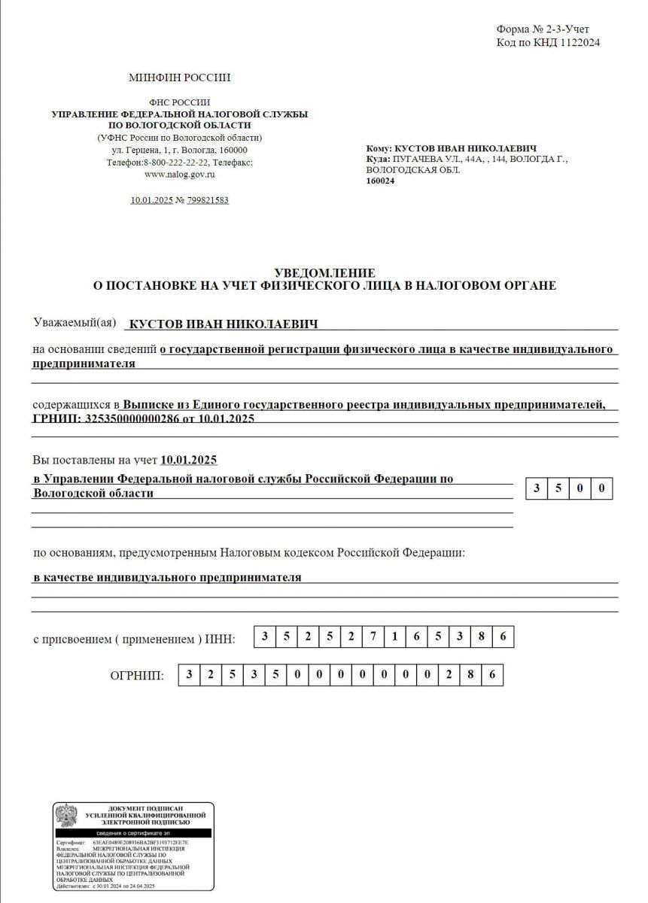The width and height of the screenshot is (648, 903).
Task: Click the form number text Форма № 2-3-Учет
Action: click(543, 29)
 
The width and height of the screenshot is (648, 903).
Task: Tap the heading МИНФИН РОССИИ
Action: click(179, 78)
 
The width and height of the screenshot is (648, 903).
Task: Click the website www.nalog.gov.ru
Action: click(180, 174)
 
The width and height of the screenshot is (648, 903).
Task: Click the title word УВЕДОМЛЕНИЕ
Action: click(324, 272)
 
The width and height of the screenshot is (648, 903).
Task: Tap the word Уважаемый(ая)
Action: click(75, 323)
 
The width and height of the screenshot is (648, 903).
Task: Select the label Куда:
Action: click(377, 160)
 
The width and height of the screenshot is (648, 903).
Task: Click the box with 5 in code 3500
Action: click(558, 488)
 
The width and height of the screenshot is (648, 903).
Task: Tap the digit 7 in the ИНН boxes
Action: click(373, 637)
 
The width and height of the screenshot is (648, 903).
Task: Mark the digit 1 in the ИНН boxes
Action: click(395, 637)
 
